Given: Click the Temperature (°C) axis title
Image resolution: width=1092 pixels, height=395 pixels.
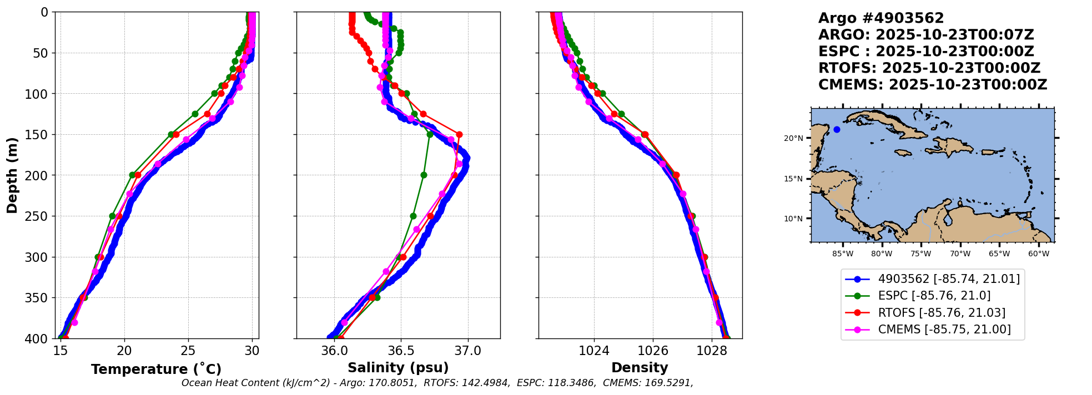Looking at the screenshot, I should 156,369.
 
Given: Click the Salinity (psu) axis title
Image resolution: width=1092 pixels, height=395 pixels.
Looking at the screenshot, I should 398,368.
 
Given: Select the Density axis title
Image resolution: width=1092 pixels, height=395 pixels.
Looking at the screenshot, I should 640,368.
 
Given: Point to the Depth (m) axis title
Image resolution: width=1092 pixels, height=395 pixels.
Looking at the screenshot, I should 12,175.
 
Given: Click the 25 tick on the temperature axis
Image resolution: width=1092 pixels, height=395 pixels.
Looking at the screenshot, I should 188,351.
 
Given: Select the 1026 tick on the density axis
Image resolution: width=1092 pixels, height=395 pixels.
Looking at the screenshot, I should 653,351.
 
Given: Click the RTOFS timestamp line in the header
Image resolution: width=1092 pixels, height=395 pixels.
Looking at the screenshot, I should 929,68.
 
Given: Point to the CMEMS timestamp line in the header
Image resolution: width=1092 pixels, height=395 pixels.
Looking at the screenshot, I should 933,85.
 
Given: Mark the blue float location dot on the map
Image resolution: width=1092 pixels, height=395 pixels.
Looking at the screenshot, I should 837,130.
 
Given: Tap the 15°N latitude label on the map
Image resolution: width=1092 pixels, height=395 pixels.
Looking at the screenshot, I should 793,179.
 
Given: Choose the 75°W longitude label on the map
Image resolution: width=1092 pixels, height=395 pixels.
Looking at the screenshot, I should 920,254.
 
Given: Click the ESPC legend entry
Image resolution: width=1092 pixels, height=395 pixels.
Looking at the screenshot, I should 934,296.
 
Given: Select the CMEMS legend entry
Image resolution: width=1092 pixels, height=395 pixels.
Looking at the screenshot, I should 944,330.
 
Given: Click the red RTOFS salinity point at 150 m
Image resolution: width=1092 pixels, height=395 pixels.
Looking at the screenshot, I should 459,134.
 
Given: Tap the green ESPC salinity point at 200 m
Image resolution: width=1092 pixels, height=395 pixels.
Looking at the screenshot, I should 424,175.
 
